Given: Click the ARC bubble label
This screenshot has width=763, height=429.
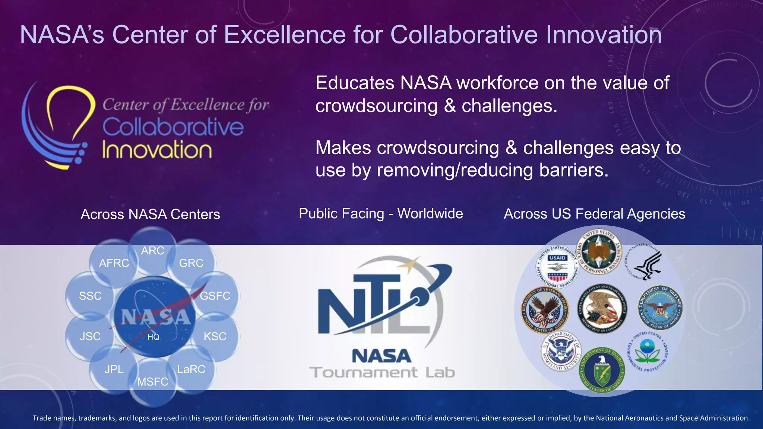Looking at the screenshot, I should (152, 251).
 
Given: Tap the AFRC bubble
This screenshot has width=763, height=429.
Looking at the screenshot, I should (114, 263).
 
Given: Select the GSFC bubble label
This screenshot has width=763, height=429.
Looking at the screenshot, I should (215, 296).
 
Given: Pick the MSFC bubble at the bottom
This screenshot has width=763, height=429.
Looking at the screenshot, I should (153, 382).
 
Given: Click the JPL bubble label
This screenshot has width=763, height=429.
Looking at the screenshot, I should (114, 369).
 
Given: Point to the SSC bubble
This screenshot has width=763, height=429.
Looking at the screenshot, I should (90, 296).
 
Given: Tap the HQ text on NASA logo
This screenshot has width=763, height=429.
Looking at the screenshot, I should (153, 337).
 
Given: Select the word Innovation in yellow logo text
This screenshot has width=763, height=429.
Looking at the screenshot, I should (157, 150).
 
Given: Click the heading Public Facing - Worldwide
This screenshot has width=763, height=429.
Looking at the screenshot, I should (381, 214).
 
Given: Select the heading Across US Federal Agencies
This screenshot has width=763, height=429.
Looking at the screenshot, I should (594, 214).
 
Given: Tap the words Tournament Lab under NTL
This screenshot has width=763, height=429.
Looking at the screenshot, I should (382, 372).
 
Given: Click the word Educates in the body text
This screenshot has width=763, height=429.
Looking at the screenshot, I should (355, 83).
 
